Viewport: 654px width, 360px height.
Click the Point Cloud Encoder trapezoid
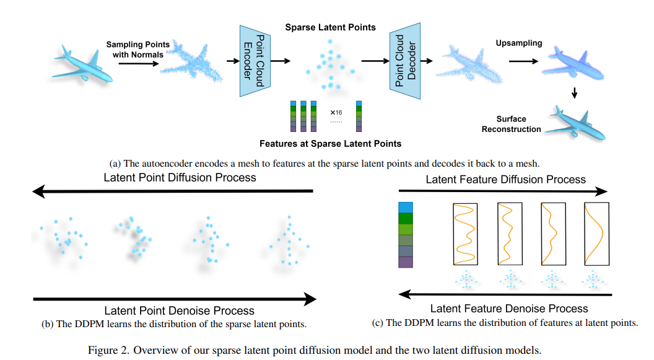tap(255, 61)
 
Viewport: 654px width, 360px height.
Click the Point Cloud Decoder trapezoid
tap(406, 61)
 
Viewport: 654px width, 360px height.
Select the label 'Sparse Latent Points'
tap(330, 28)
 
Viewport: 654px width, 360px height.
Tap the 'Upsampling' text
tap(518, 43)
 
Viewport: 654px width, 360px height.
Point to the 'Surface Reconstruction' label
tap(512, 124)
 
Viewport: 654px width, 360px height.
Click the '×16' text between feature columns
tap(336, 113)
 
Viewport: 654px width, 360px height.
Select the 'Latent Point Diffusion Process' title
tap(180, 178)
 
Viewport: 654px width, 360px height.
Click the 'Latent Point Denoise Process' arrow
tap(174, 299)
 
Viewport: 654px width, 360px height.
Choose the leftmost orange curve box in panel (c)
tap(464, 235)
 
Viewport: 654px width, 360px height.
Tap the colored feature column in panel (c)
tap(406, 234)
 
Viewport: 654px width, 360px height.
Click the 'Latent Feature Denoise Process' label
tap(509, 308)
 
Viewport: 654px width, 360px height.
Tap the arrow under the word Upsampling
tap(523, 61)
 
